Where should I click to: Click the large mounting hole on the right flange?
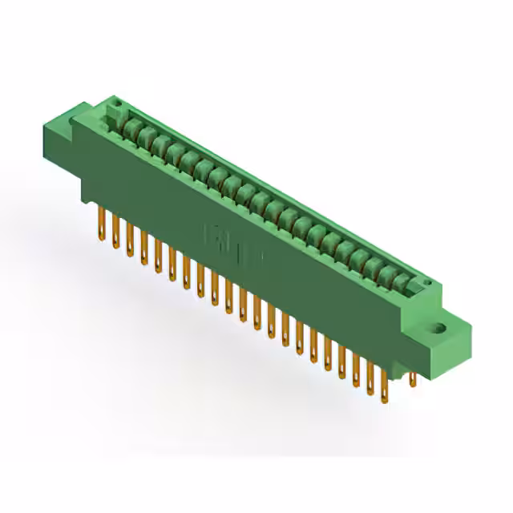click(438, 327)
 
